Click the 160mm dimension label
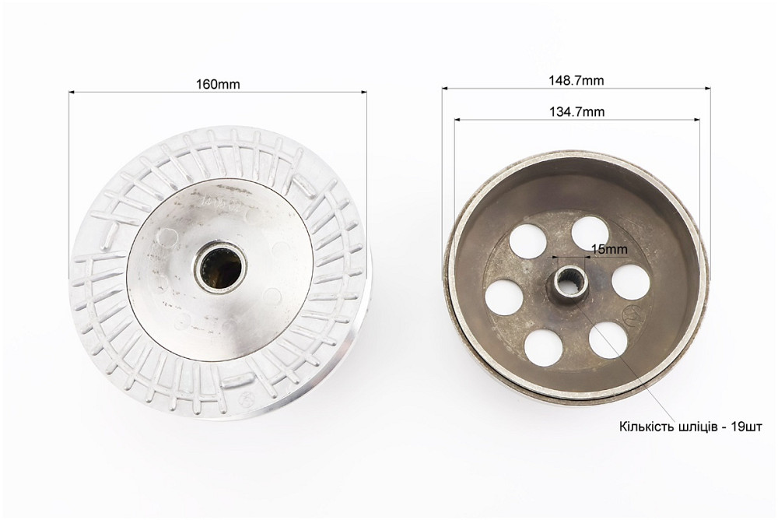point(218,84)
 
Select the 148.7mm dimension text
point(576,80)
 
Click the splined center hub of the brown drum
point(568,283)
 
